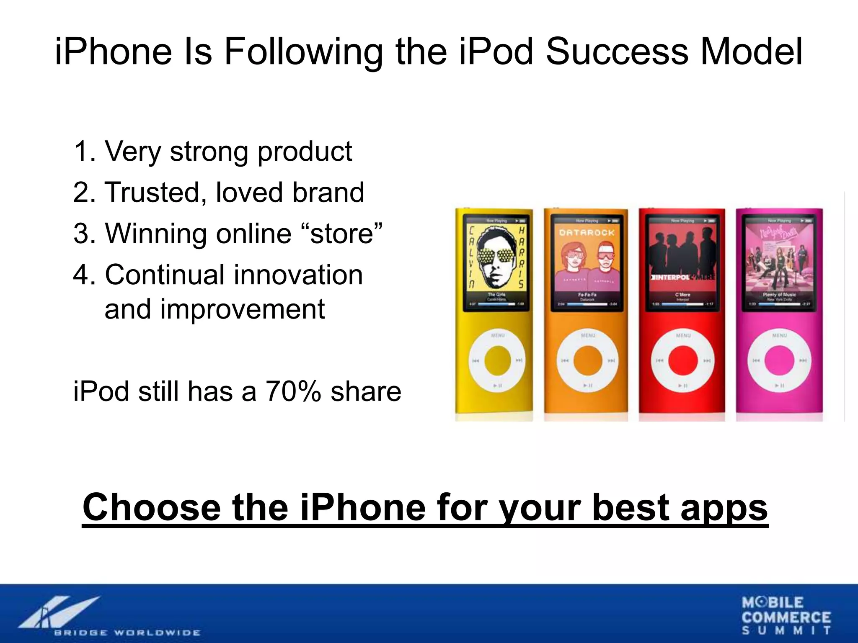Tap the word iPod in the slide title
pyautogui.click(x=496, y=52)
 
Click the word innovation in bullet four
pyautogui.click(x=298, y=275)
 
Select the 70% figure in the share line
pyautogui.click(x=293, y=391)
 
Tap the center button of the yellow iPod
pyautogui.click(x=497, y=360)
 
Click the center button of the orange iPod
pyautogui.click(x=587, y=361)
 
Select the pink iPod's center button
pyautogui.click(x=779, y=361)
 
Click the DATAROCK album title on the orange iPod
pyautogui.click(x=587, y=232)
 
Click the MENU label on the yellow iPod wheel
pyautogui.click(x=497, y=335)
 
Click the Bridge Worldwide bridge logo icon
pyautogui.click(x=59, y=611)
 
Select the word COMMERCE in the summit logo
pyautogui.click(x=786, y=617)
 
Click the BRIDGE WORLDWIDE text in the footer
pyautogui.click(x=127, y=633)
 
